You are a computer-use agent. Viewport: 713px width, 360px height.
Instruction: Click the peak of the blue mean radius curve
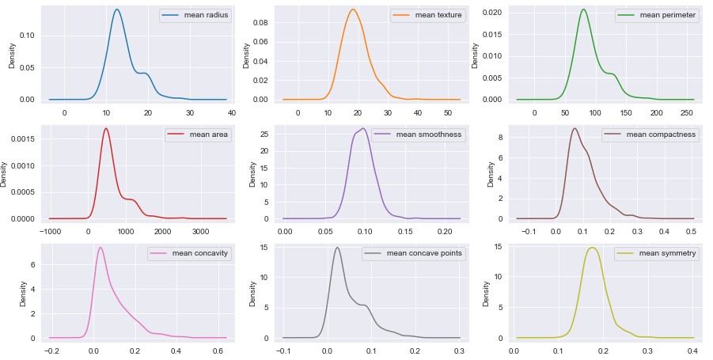[x=117, y=9]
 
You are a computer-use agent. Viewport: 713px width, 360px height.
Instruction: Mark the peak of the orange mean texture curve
[x=353, y=9]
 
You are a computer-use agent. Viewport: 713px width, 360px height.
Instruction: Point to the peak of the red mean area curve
[x=106, y=128]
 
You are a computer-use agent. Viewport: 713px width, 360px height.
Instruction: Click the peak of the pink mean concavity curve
[x=100, y=247]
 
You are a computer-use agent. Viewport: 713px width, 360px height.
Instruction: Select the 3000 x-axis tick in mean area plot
[x=200, y=231]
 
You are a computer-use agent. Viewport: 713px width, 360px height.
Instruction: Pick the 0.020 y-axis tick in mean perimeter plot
[x=493, y=13]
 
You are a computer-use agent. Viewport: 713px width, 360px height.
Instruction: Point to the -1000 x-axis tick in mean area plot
[x=51, y=231]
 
